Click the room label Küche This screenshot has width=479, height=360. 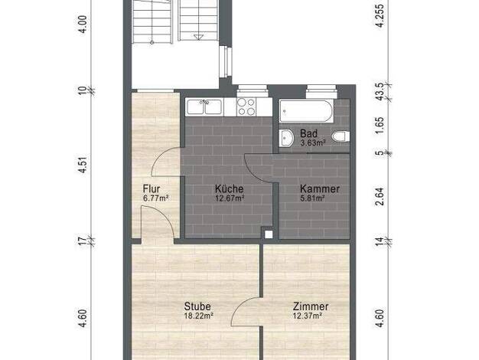point(229,188)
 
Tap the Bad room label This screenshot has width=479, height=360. point(308,133)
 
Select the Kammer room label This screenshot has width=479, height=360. point(320,188)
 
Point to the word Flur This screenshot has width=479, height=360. point(152,188)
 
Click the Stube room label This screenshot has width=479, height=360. point(197,306)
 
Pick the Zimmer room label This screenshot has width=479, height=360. point(311,306)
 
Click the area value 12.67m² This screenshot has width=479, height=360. point(230,198)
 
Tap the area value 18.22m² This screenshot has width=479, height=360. point(199,316)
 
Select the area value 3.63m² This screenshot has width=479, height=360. point(312,142)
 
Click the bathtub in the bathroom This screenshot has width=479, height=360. point(306,111)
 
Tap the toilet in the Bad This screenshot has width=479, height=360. point(339,136)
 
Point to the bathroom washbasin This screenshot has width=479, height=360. point(286,139)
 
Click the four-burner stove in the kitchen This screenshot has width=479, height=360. point(246,107)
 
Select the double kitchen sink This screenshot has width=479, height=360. point(204,107)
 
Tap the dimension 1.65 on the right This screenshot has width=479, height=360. point(380,126)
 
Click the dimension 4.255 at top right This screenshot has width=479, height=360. point(380,16)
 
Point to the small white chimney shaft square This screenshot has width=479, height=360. point(269,234)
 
